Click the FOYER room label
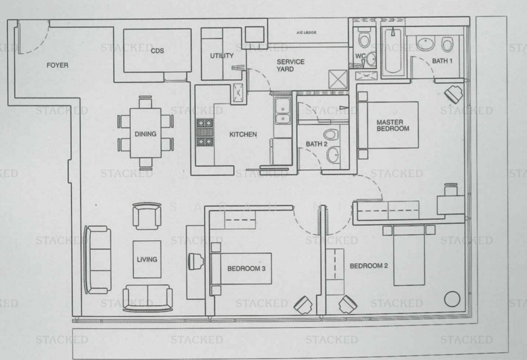pos(58,64)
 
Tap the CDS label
pos(157,50)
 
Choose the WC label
pos(360,57)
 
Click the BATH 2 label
pos(317,144)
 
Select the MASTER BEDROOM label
pos(393,125)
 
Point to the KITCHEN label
pos(242,135)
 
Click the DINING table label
pos(145,134)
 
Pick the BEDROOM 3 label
pos(246,269)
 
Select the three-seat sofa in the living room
pos(97,259)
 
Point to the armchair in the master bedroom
pos(454,93)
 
